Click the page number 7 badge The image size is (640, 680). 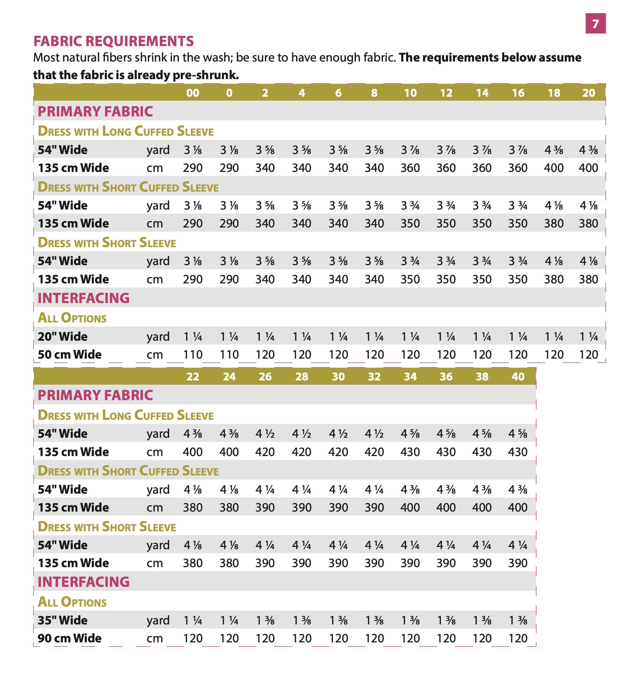click(595, 24)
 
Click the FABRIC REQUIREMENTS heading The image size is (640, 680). click(114, 41)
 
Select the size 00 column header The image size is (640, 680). click(193, 93)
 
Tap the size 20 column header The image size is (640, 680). click(589, 93)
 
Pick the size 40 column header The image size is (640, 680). click(518, 377)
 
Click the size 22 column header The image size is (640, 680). click(193, 377)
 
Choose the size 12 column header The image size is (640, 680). click(446, 93)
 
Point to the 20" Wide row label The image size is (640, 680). click(63, 336)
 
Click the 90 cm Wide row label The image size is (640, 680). click(70, 638)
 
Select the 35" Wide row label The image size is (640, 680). click(63, 620)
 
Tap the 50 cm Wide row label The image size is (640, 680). click(70, 354)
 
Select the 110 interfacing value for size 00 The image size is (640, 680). click(193, 354)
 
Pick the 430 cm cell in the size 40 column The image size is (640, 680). click(518, 452)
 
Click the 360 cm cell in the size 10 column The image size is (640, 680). click(410, 168)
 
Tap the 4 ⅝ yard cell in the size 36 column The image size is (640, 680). click(446, 434)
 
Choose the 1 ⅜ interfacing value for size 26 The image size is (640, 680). click(265, 620)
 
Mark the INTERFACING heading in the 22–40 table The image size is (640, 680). click(84, 582)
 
